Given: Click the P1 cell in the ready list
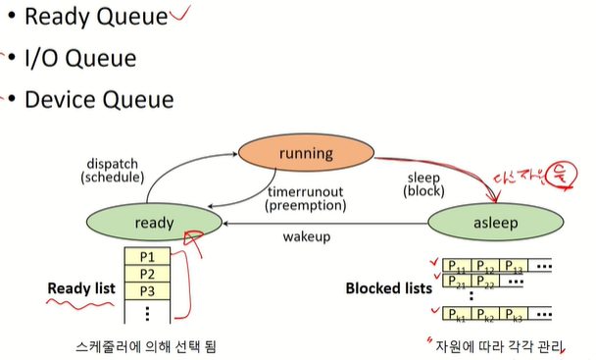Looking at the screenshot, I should pos(147,256).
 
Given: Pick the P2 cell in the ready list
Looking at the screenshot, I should pos(147,274).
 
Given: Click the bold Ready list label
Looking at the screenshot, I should pos(82,289).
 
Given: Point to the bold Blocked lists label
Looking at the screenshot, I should pos(387,288).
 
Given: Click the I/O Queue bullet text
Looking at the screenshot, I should pos(80,58).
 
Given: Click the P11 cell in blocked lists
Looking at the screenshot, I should pos(456,265).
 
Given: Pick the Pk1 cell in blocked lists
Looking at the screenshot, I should pos(456,314).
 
